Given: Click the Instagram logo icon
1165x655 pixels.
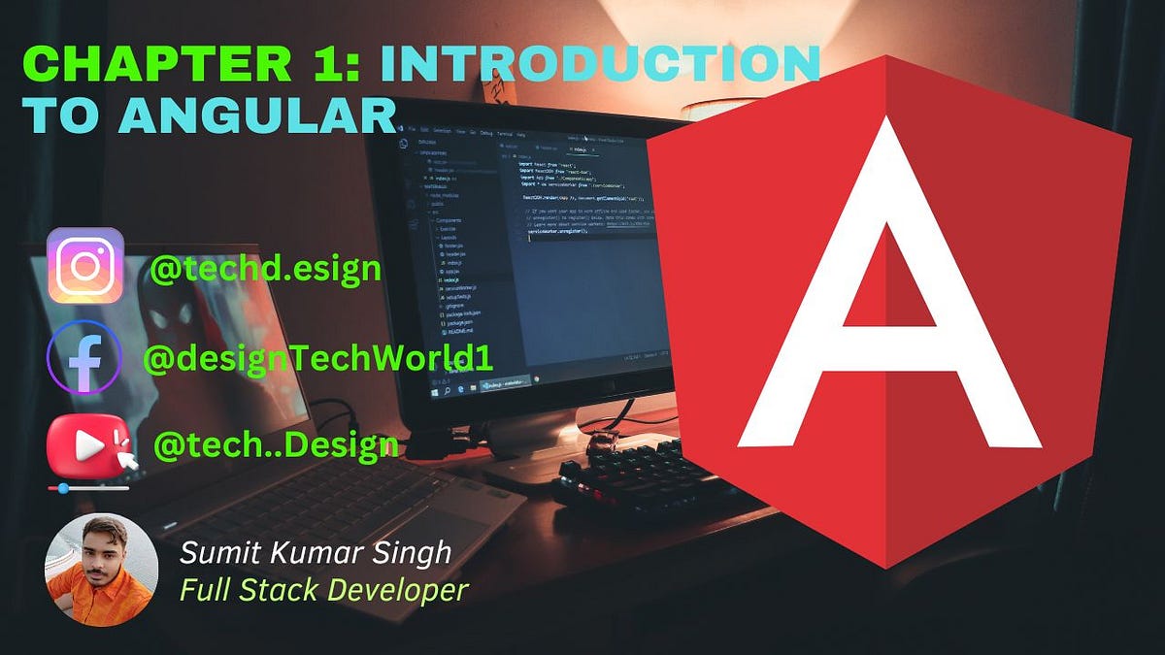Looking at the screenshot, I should pos(85,266).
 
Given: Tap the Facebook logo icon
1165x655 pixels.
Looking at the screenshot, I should pos(84,357).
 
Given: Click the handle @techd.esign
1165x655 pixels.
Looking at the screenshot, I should pos(265,269).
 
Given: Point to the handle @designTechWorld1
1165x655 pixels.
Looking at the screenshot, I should pos(318,358).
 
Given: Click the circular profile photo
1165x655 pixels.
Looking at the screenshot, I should pos(100,570).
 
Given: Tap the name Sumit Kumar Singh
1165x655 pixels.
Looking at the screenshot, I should pos(316,553).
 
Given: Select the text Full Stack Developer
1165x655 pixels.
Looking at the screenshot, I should pos(324,589).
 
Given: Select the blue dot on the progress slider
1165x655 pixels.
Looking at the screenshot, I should pos(63,489).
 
